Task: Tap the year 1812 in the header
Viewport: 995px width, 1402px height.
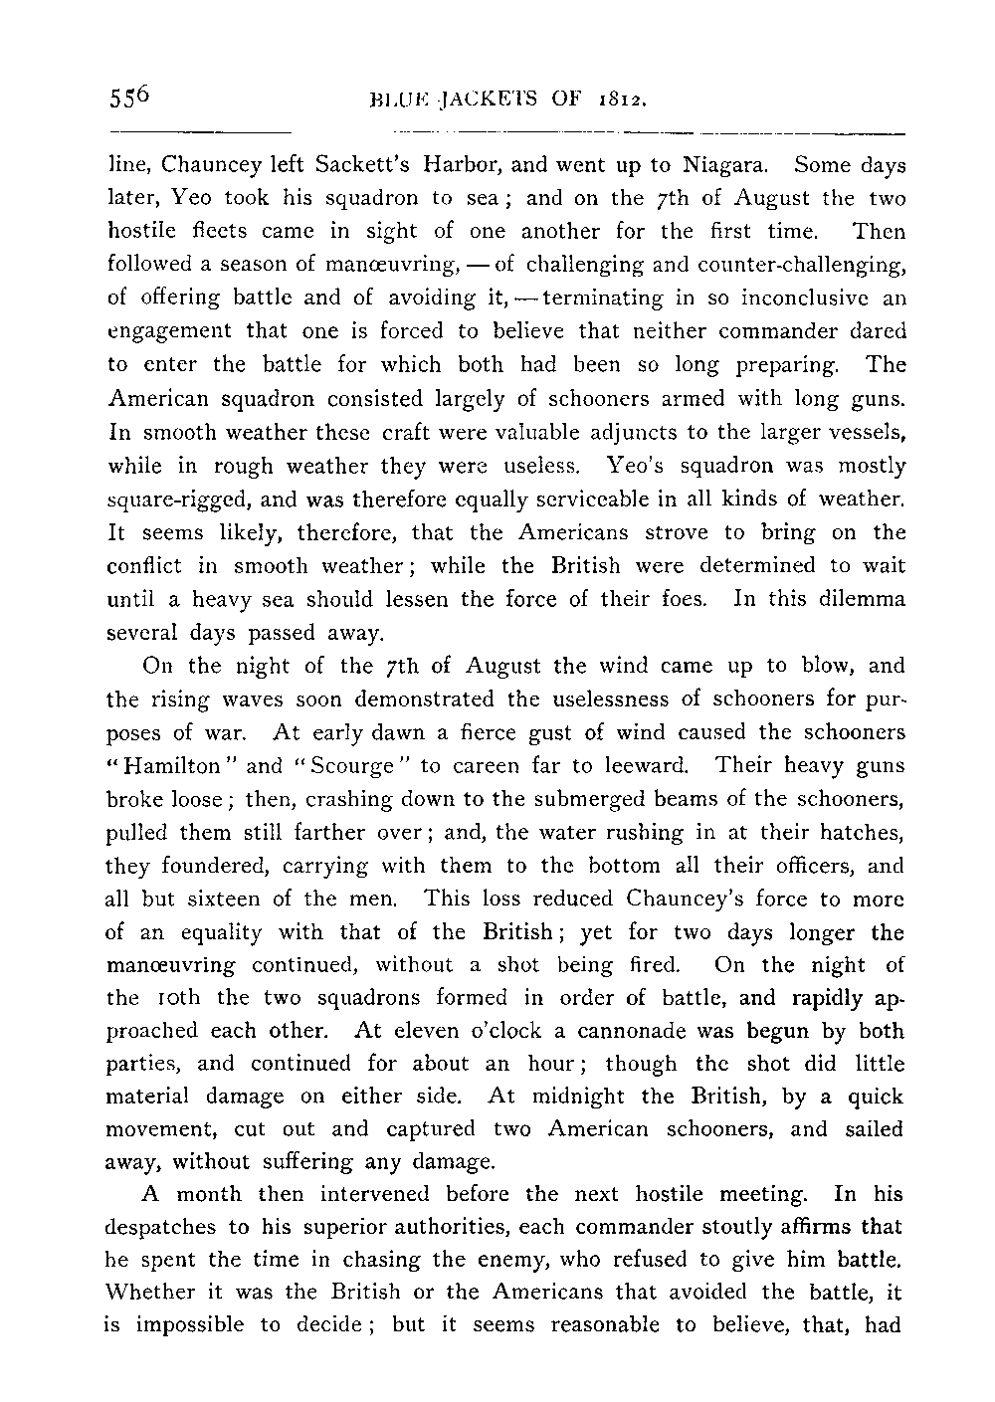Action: pyautogui.click(x=624, y=99)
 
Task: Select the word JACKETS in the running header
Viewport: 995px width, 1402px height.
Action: pyautogui.click(x=490, y=99)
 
